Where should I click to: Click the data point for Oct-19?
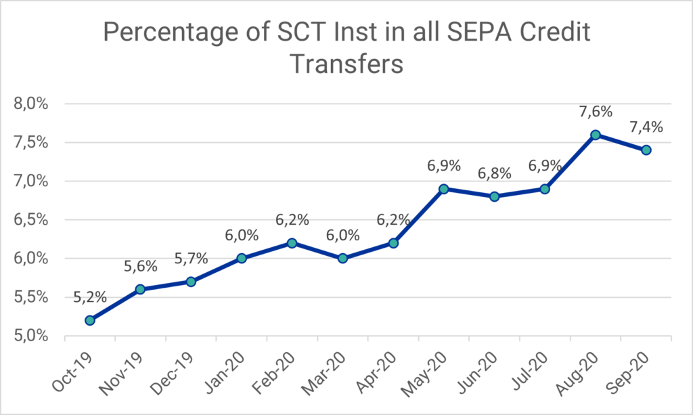point(89,320)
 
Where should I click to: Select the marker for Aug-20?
point(596,135)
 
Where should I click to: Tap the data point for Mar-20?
point(342,258)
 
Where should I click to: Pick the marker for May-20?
point(444,189)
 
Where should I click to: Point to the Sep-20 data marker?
point(646,150)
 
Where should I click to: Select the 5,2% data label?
point(89,297)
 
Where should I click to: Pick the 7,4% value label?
point(646,127)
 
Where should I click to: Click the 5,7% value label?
point(191,258)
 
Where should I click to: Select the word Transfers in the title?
point(346,64)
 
